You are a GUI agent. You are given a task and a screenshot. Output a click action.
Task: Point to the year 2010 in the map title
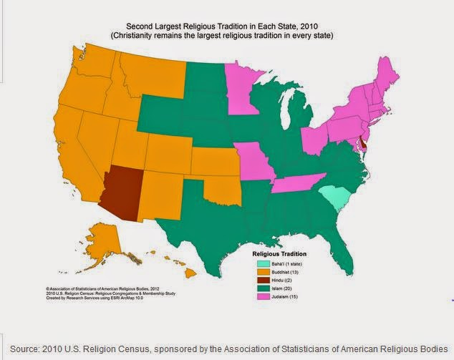(309, 24)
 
